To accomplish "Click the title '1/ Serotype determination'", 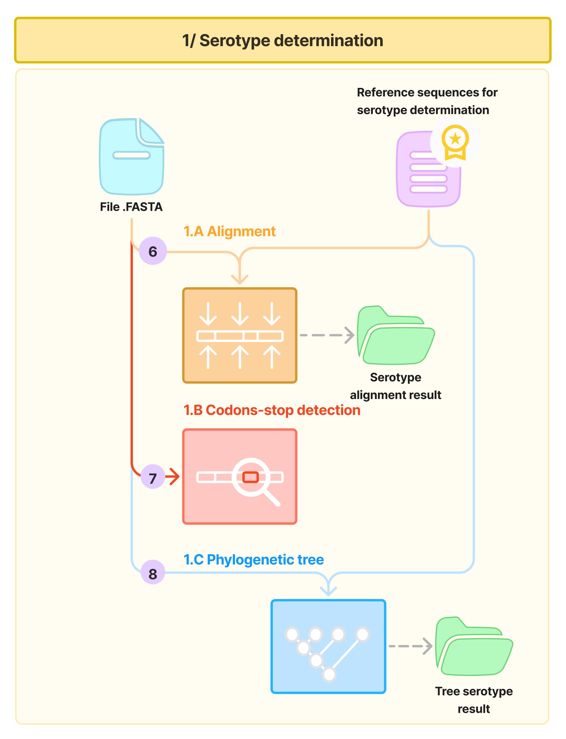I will click(283, 41).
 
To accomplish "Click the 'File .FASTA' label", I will click(131, 206).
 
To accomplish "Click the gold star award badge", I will click(455, 141).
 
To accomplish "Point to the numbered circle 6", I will click(153, 251).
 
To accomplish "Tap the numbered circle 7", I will click(153, 478).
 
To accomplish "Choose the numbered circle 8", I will click(153, 574).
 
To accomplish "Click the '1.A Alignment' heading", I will click(229, 231).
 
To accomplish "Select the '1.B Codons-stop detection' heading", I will click(272, 410).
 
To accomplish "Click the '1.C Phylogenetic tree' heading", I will click(253, 559).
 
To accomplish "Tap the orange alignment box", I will click(240, 335).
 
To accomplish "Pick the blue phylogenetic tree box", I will click(328, 646).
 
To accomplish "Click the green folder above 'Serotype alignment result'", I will click(395, 337).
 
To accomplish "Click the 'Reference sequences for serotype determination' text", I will click(427, 101).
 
